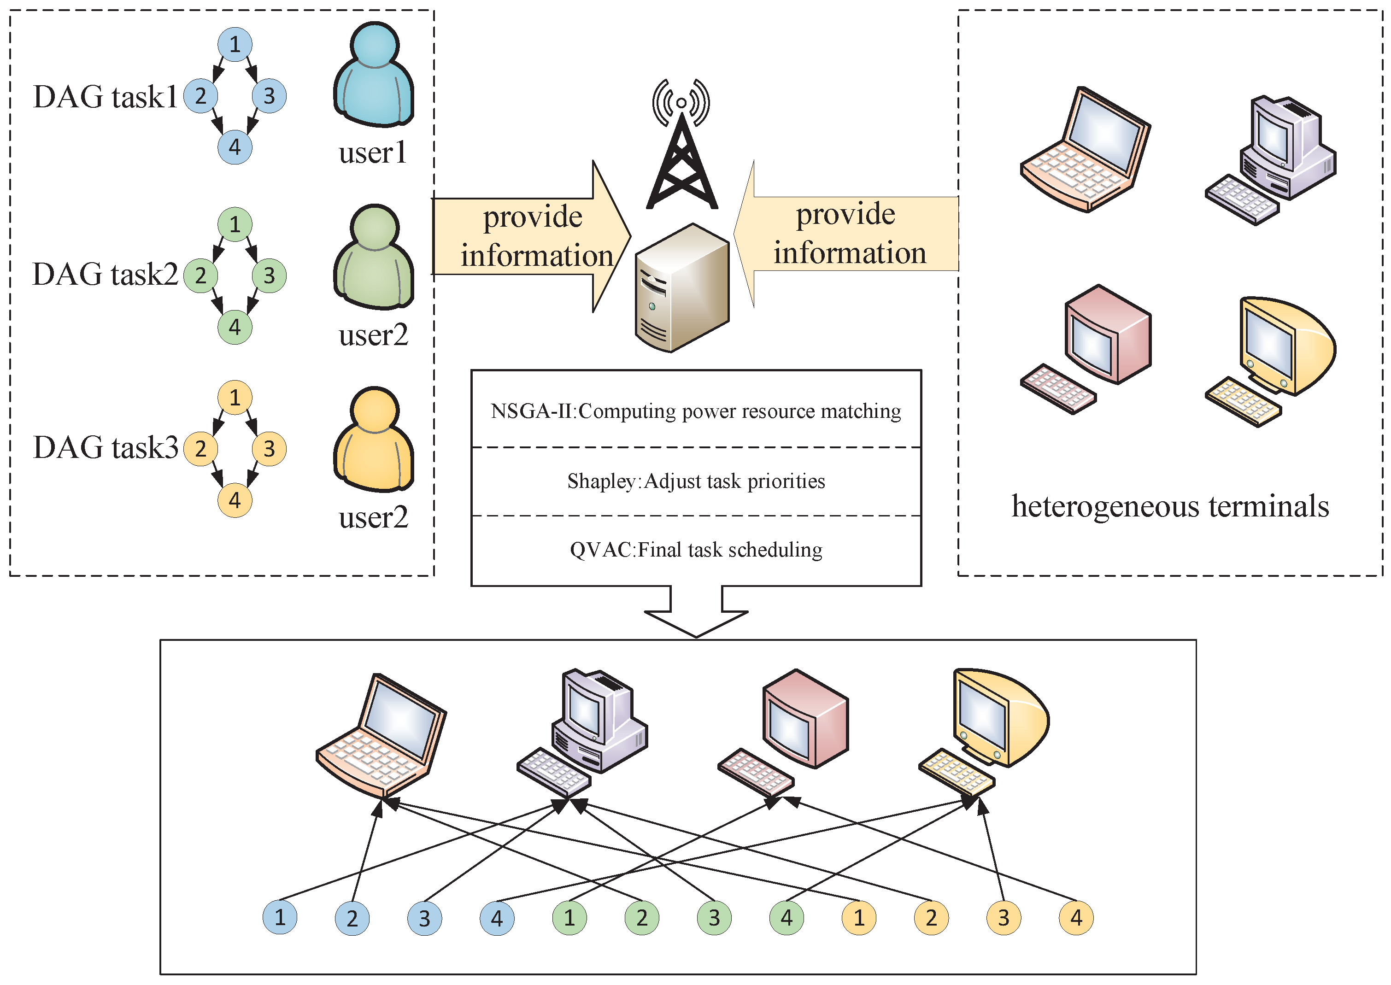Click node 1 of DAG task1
tap(235, 44)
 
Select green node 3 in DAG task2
tap(269, 276)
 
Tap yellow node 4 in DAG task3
tap(235, 500)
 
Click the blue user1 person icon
tap(374, 74)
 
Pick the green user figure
tap(374, 257)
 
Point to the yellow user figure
tap(374, 439)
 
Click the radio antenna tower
tap(682, 144)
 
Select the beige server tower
tap(682, 287)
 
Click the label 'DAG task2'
tap(105, 274)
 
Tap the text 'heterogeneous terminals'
tap(1170, 506)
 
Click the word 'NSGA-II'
tap(531, 411)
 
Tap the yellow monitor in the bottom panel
tap(984, 732)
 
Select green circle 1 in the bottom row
tap(569, 918)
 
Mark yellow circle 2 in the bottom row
tap(931, 918)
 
